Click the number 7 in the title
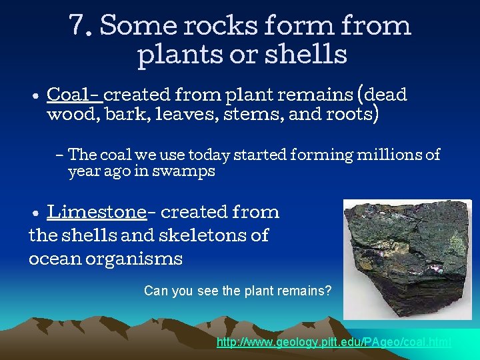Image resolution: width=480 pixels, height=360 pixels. click(78, 27)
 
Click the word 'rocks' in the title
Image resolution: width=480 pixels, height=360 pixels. click(219, 27)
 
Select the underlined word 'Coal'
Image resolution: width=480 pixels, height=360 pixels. click(71, 95)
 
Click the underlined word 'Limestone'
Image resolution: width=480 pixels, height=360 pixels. click(97, 212)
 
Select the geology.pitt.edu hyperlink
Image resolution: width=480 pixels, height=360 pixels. click(333, 342)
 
